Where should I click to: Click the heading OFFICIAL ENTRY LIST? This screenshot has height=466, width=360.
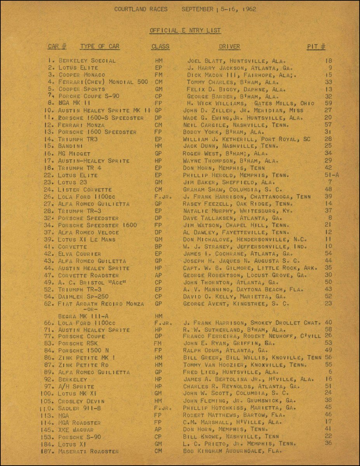pos(185,30)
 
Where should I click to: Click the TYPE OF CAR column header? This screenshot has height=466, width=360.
pos(99,47)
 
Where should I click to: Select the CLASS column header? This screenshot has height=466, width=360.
pos(160,47)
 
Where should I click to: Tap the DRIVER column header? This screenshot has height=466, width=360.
pos(229,47)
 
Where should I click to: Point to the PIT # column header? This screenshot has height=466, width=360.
pos(316,47)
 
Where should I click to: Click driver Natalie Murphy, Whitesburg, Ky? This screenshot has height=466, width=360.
pos(237,211)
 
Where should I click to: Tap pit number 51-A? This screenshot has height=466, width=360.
pos(331,175)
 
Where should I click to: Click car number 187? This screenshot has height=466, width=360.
pos(46,451)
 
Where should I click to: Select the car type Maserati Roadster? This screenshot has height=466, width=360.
pos(88,451)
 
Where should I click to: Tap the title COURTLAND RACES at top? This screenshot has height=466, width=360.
pos(141,9)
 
